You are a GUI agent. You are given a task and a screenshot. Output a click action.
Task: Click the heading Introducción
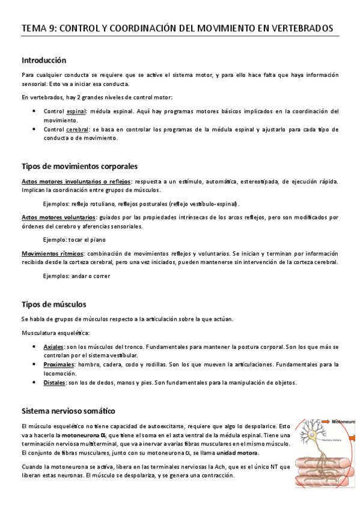click(44, 60)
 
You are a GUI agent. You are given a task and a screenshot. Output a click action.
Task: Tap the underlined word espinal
click(76, 111)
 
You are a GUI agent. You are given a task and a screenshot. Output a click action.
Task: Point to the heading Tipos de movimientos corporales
click(80, 165)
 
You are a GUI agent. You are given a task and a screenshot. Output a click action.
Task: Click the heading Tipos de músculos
click(54, 304)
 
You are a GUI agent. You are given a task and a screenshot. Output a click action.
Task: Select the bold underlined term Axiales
click(53, 347)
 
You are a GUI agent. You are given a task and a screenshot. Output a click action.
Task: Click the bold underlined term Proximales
click(58, 364)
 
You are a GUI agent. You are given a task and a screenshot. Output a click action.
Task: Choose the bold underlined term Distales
click(55, 382)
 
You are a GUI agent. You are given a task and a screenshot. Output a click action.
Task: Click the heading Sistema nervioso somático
click(68, 411)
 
